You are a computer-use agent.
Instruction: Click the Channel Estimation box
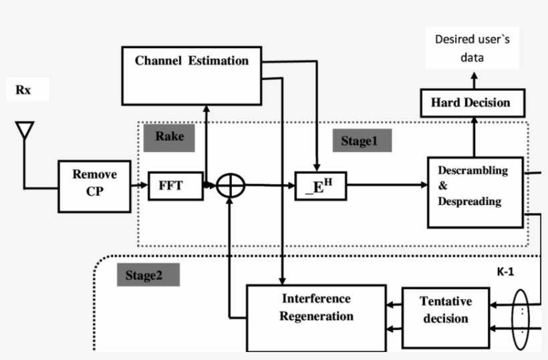[x=192, y=75]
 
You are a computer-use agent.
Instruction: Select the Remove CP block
[x=94, y=186]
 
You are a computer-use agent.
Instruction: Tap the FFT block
[x=175, y=186]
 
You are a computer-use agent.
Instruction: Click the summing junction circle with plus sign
[x=231, y=186]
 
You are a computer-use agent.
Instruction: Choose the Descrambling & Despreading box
[x=474, y=192]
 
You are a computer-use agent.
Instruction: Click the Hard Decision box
[x=472, y=103]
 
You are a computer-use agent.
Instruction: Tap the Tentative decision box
[x=445, y=317]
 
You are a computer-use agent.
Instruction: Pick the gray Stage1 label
[x=362, y=141]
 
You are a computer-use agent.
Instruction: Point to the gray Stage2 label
[x=148, y=275]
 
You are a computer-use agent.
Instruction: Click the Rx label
[x=24, y=90]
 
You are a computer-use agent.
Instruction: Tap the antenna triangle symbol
[x=25, y=131]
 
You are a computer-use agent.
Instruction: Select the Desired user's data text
[x=472, y=48]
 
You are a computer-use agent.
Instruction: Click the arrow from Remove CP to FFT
[x=139, y=186]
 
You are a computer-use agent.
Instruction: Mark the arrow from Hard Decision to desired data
[x=473, y=80]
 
